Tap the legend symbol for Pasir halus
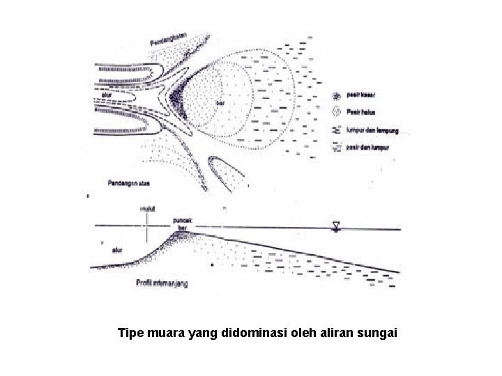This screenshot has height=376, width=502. pos(337,112)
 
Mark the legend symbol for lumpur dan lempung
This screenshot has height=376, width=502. pos(337,130)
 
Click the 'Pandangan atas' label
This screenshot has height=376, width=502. pos(130,183)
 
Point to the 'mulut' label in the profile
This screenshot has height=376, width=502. pos(148,207)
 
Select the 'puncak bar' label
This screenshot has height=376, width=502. pos(183,222)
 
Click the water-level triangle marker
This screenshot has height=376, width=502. pos(337,225)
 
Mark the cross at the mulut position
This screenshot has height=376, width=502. pos(148,224)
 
